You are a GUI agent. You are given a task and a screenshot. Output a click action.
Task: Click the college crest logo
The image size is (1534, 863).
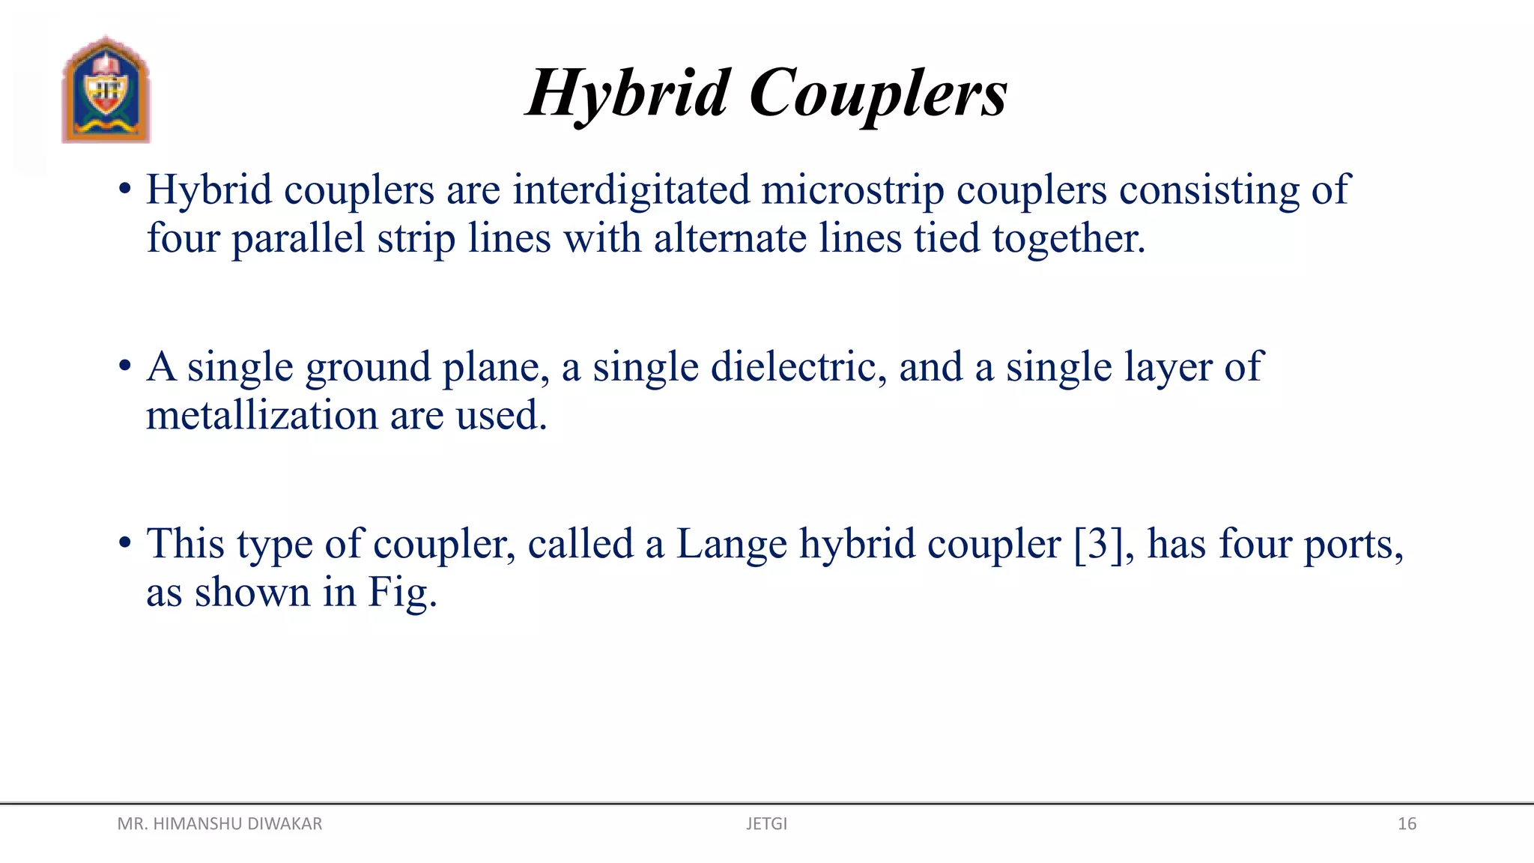[x=106, y=90]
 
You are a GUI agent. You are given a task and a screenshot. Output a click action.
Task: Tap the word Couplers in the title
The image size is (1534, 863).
[x=879, y=94]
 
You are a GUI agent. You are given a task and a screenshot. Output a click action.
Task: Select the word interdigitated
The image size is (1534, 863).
[x=631, y=189]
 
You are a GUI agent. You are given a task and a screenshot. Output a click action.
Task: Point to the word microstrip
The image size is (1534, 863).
[x=852, y=190]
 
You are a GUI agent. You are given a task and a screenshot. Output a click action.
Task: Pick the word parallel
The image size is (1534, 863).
[x=298, y=238]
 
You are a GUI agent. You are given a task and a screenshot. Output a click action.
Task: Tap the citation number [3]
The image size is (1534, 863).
[x=1098, y=544]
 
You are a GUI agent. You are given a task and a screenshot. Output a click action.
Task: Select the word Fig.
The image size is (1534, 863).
[x=402, y=593]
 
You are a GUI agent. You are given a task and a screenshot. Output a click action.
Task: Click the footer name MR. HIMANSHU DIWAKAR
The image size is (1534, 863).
[x=219, y=824]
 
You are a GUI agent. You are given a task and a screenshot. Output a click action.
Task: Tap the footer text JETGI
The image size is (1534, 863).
[x=766, y=824]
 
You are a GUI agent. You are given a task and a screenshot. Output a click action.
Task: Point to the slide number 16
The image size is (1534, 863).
[x=1407, y=824]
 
